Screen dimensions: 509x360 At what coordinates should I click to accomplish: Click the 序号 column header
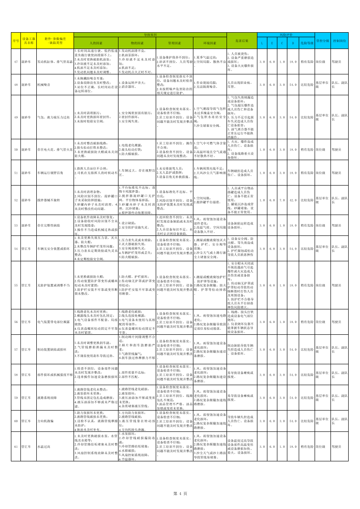point(15,40)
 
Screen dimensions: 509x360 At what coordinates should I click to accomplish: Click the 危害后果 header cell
point(241,40)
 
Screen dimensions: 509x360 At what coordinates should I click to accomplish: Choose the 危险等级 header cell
point(307,43)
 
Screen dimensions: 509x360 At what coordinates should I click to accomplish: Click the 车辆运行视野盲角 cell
point(51,172)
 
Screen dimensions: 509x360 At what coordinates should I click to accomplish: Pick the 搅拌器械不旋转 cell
point(48,200)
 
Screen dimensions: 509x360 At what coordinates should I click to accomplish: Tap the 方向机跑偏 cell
point(45,421)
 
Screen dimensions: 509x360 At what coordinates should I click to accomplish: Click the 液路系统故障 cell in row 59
point(47,397)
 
